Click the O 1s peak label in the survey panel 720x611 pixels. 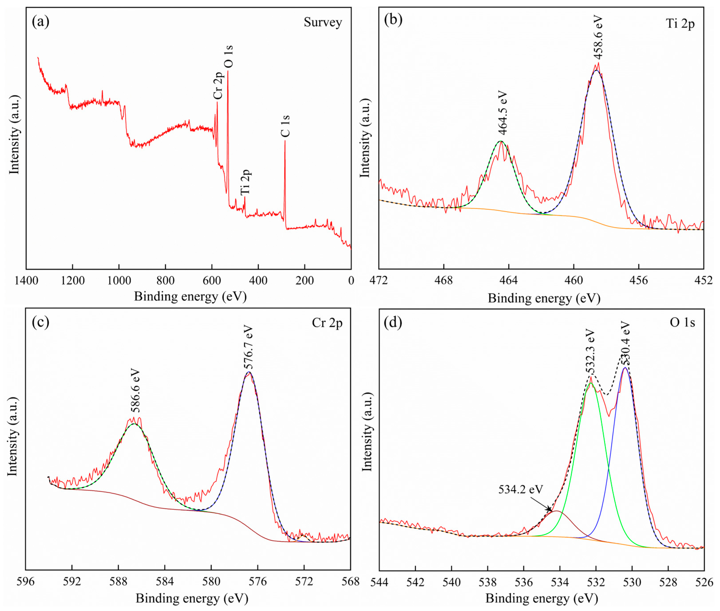click(228, 56)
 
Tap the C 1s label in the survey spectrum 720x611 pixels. click(285, 126)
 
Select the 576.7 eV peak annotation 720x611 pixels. click(248, 347)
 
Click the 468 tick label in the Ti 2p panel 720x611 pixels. click(443, 280)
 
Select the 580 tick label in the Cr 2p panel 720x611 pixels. click(211, 581)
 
